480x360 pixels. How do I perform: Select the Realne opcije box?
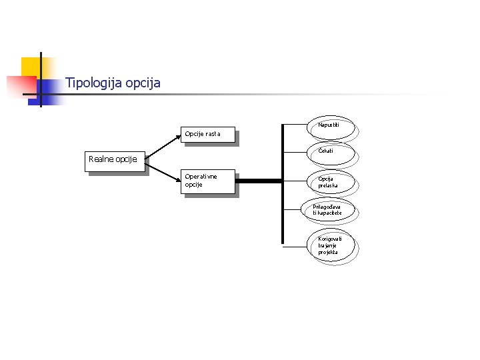pos(114,161)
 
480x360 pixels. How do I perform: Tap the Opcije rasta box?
pos(209,135)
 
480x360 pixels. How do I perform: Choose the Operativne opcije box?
pos(209,183)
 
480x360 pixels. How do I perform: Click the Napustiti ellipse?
pos(330,127)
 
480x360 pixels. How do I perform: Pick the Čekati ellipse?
pos(330,153)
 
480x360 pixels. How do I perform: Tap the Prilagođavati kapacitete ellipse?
pos(328,211)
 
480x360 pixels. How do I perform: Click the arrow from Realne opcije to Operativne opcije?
pos(163,171)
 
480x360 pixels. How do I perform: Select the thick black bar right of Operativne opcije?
pos(259,181)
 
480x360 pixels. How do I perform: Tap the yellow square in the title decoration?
pos(31,67)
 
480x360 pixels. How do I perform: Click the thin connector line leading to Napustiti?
pos(296,125)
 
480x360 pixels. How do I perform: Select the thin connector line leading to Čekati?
pos(296,153)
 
